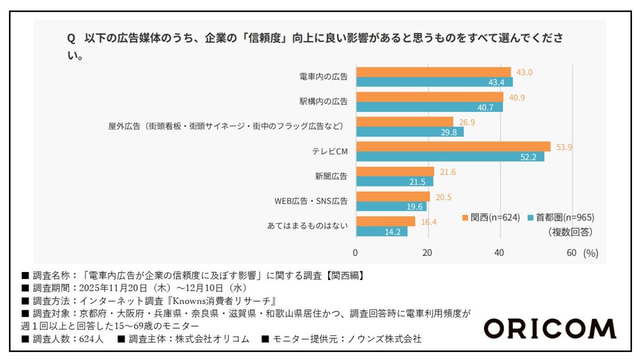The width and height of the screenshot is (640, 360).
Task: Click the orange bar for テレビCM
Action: tap(453, 147)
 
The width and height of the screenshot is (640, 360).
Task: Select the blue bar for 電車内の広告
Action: tap(434, 82)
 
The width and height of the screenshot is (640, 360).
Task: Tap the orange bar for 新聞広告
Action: tap(395, 172)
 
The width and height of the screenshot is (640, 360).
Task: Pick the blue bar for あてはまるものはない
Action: tap(381, 231)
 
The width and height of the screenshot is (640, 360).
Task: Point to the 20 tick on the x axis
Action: tap(428, 253)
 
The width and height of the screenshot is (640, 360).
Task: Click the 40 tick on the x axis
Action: tap(500, 253)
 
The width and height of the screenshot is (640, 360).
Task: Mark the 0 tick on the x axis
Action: tap(356, 253)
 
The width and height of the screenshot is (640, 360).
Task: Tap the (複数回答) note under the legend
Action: tap(570, 232)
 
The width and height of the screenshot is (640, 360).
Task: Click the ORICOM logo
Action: tap(549, 329)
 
